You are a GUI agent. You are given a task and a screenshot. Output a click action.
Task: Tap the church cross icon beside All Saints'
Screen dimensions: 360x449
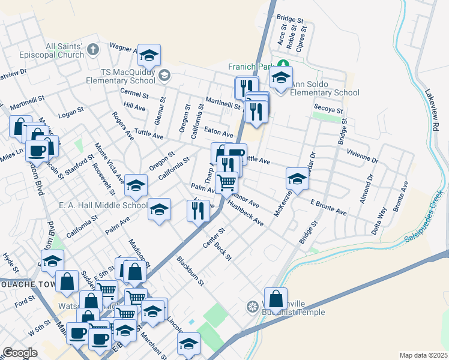[x=92, y=49]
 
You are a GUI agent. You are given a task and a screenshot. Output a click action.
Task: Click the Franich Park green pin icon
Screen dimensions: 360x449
[x=282, y=64]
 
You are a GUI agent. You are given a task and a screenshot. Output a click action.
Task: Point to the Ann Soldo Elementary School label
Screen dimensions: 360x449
[x=324, y=88]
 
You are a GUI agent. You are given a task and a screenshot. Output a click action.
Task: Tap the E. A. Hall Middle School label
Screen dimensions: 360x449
[x=103, y=205]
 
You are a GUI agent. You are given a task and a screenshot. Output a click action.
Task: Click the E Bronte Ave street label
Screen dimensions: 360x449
[x=329, y=208]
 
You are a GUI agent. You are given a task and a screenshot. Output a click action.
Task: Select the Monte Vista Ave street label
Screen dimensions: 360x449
[x=112, y=163]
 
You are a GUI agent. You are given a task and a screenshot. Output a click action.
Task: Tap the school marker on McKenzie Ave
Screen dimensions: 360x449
[x=297, y=179]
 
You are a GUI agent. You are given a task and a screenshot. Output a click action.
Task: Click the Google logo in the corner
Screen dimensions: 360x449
[x=20, y=353]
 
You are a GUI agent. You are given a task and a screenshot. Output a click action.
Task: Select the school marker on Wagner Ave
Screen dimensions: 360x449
[x=148, y=56]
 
